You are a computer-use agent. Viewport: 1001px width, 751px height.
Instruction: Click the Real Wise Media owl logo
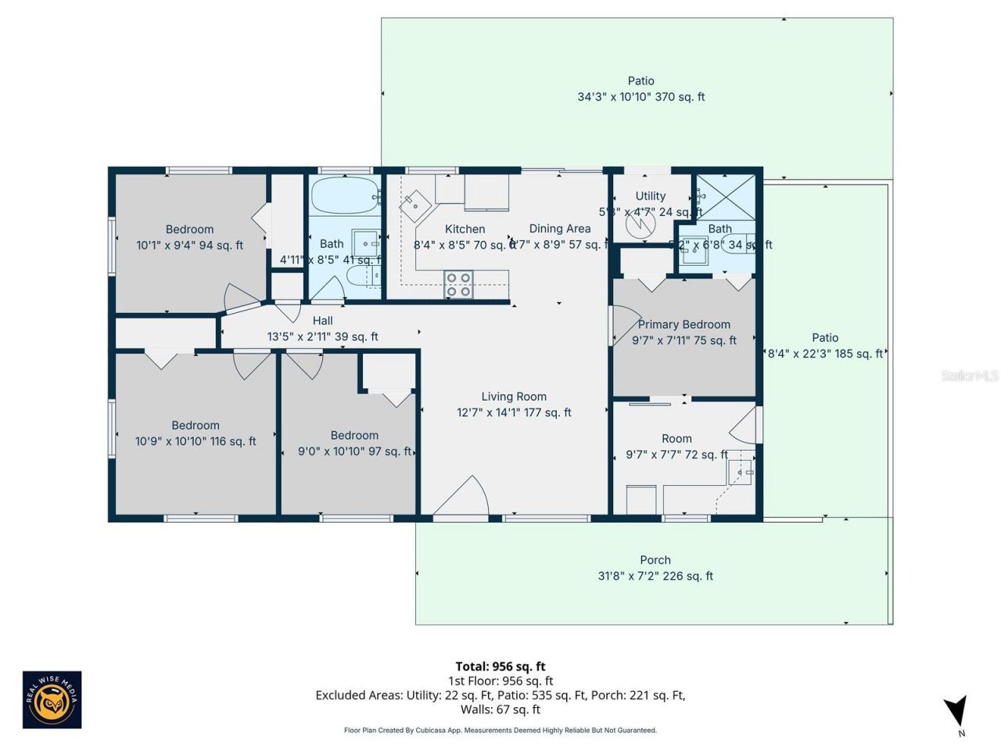point(52,699)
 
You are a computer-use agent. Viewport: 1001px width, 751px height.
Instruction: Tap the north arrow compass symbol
point(956,713)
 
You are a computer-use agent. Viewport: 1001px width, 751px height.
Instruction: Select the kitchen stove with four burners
point(458,285)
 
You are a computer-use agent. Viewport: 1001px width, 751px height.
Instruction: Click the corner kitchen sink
point(414,205)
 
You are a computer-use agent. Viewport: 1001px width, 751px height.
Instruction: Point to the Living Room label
point(514,397)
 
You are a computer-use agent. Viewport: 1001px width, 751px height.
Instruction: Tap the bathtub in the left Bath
point(344,196)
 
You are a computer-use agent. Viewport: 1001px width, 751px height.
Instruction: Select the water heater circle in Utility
point(640,225)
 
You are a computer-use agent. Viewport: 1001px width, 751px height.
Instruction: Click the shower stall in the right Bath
point(726,197)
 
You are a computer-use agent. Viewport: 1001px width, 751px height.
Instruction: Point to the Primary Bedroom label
point(684,324)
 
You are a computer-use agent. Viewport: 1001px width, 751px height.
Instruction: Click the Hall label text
point(322,321)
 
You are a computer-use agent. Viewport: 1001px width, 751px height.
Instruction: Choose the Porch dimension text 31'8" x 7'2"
point(655,576)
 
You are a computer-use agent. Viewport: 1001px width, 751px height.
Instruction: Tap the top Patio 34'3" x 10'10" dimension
point(640,97)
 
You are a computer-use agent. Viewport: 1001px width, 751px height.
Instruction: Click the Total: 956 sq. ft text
point(500,667)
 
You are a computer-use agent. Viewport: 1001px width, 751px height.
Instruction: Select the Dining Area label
point(560,228)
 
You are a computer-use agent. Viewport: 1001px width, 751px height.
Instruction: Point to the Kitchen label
point(465,229)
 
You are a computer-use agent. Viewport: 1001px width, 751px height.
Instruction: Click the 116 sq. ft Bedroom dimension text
point(196,441)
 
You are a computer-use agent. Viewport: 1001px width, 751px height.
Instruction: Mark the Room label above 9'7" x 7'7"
point(676,439)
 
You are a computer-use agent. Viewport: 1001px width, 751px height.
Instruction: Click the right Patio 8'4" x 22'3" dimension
point(825,354)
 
